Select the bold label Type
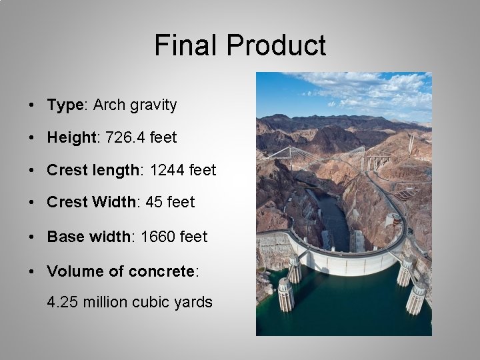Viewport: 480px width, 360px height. point(65,105)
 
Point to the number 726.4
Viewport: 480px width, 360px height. point(123,138)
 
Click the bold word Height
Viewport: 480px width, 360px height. point(71,138)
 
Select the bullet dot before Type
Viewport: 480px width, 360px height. point(31,106)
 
